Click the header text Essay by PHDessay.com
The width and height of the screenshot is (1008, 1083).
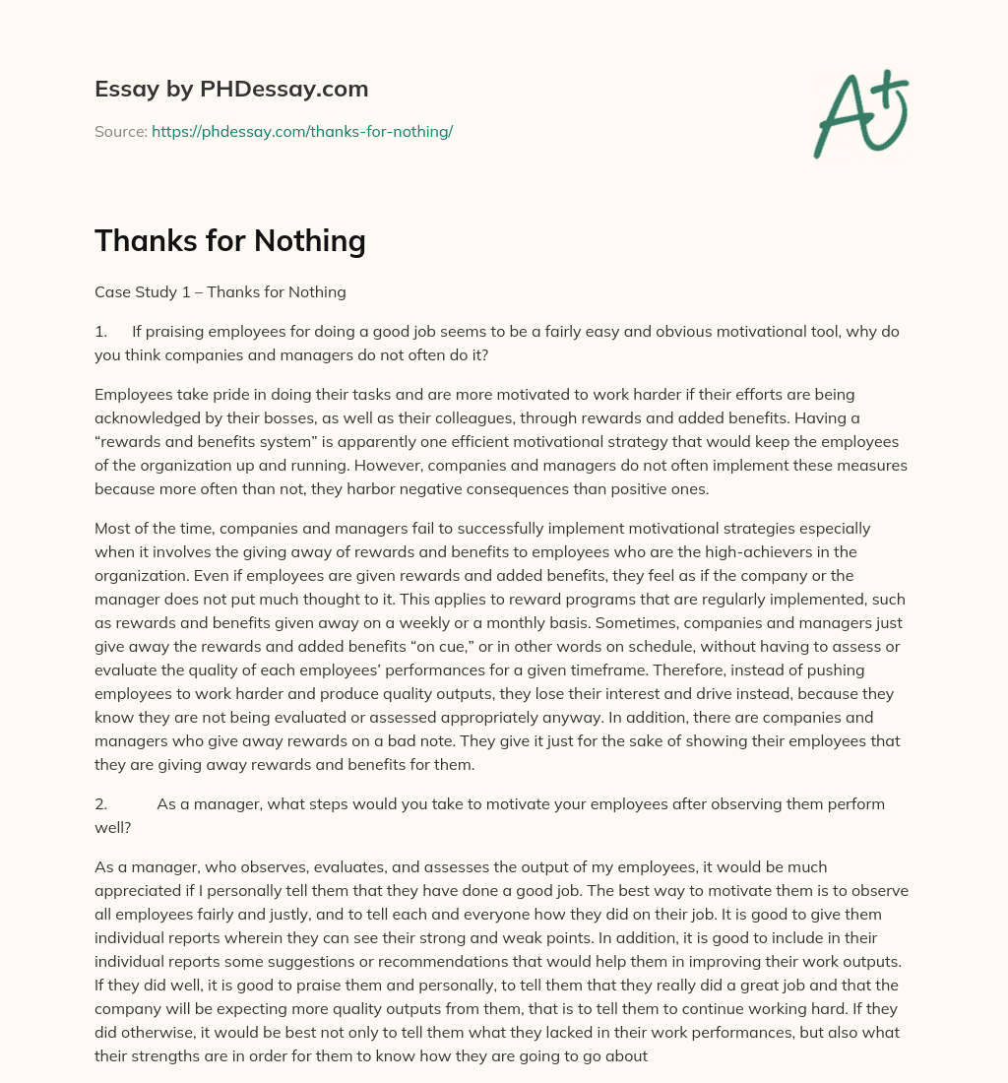pos(231,90)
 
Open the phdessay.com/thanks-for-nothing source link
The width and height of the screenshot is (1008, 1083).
pos(302,131)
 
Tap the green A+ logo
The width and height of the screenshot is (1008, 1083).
pos(859,113)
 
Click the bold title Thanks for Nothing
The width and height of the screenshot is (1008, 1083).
pos(230,241)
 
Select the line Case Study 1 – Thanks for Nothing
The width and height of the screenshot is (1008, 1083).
pos(220,291)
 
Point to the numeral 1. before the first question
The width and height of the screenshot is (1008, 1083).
pos(101,332)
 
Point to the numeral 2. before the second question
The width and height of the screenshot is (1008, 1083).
pos(101,803)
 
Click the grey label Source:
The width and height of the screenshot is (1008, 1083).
pos(121,131)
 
